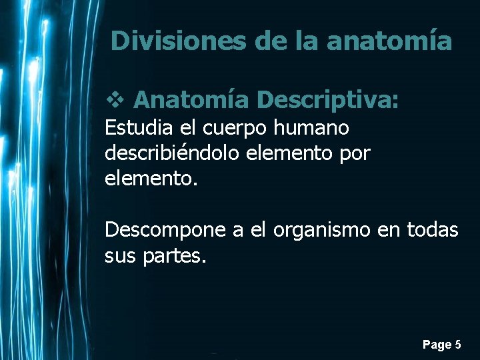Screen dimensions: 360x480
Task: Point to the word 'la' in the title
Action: (307, 41)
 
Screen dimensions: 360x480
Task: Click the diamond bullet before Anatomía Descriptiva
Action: (114, 100)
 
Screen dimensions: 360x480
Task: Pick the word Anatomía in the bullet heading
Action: (191, 100)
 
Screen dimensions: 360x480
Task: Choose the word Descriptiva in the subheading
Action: (327, 100)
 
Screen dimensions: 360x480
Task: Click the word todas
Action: (437, 231)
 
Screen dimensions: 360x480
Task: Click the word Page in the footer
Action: (436, 345)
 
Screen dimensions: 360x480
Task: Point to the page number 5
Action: (457, 345)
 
